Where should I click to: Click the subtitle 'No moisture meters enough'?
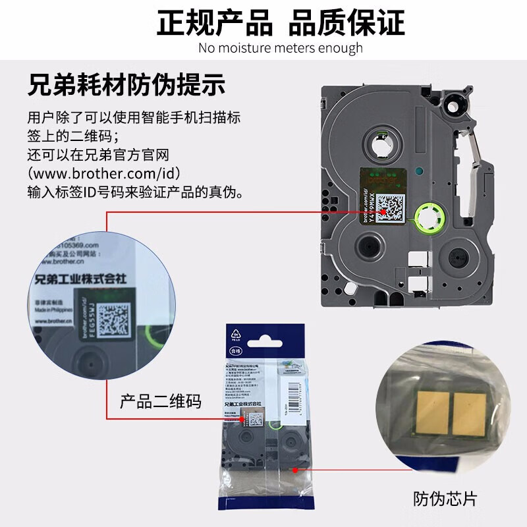tap(280, 48)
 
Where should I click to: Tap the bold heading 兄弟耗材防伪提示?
tap(127, 86)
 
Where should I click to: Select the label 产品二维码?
tap(159, 401)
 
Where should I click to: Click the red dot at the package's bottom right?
tap(296, 470)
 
